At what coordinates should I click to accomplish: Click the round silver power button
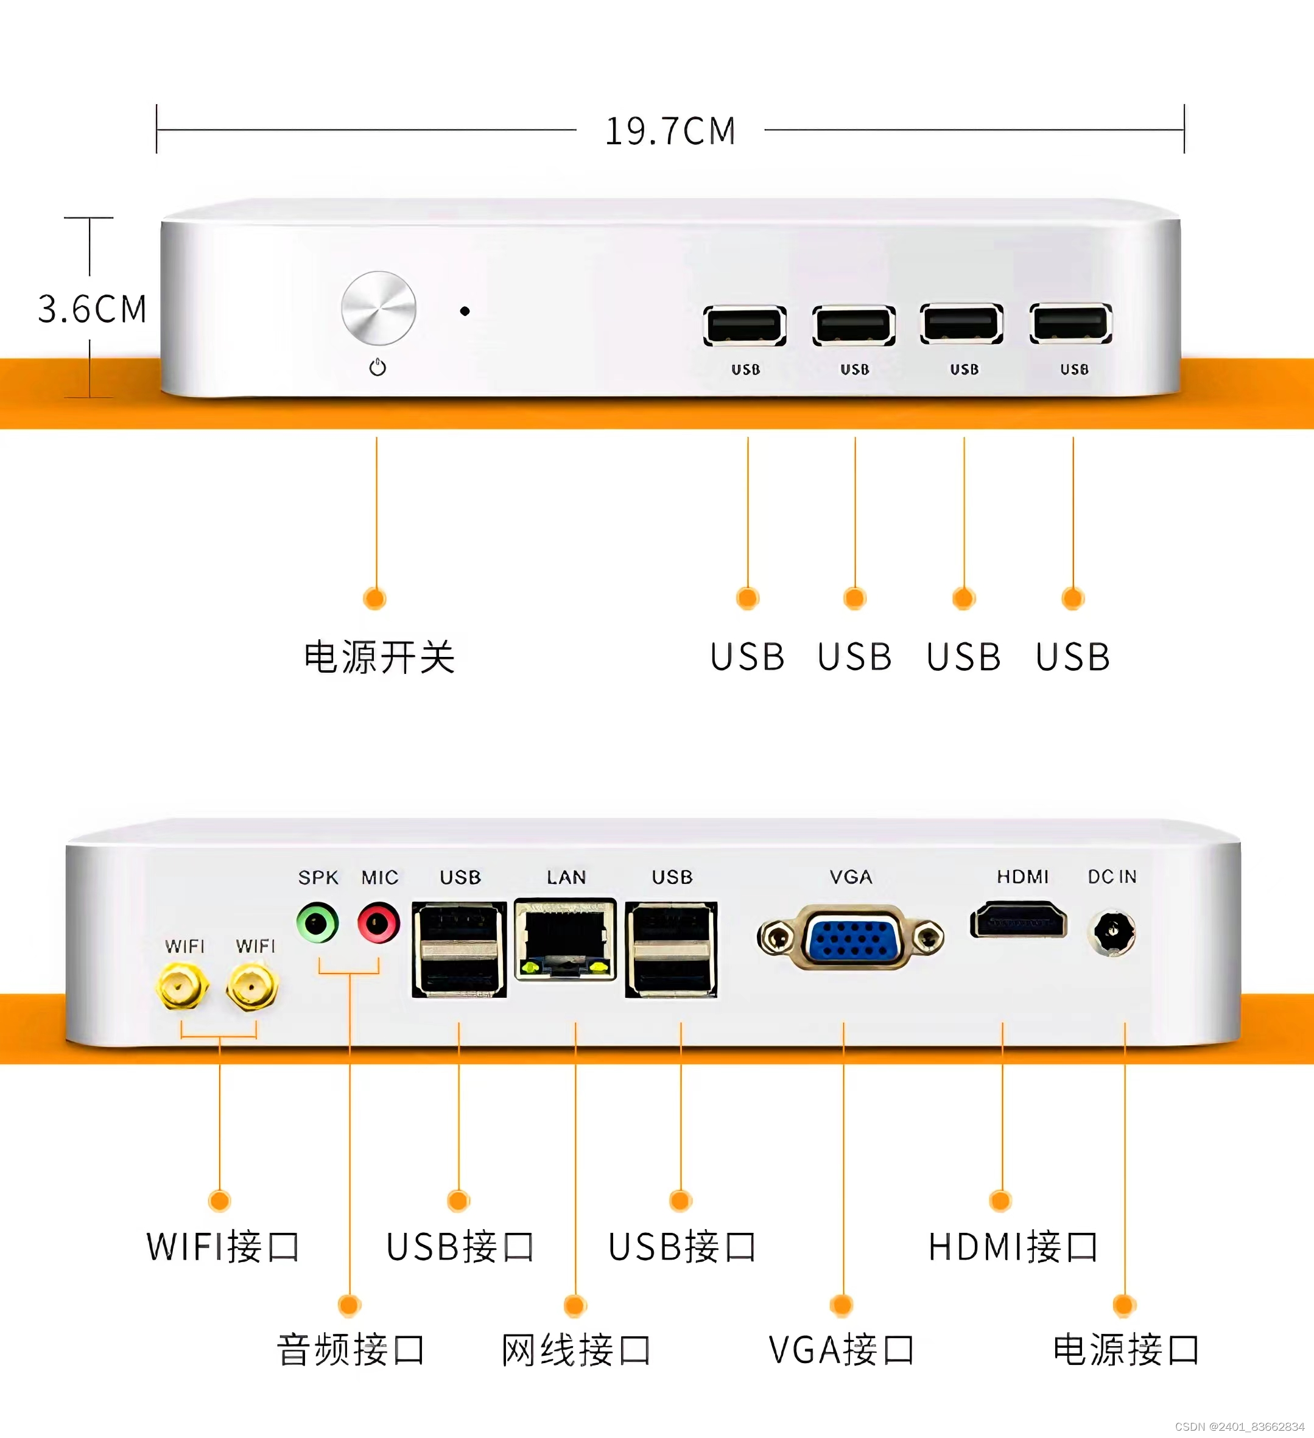pyautogui.click(x=378, y=308)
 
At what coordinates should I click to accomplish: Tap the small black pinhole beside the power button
pyautogui.click(x=465, y=311)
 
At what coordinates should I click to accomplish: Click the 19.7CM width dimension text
pyautogui.click(x=670, y=132)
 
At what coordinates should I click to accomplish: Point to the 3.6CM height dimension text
pyautogui.click(x=92, y=309)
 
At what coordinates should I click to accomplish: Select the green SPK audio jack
pyautogui.click(x=317, y=924)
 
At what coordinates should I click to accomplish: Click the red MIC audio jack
pyautogui.click(x=378, y=924)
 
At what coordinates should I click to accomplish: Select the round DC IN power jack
pyautogui.click(x=1112, y=931)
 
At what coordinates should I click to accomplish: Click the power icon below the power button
pyautogui.click(x=378, y=367)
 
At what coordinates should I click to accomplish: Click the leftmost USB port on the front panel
pyautogui.click(x=745, y=326)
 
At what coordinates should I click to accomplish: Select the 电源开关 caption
pyautogui.click(x=379, y=657)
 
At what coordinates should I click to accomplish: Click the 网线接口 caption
pyautogui.click(x=575, y=1350)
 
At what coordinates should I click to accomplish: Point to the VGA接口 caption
pyautogui.click(x=841, y=1350)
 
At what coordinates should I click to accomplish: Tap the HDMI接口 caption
pyautogui.click(x=1012, y=1247)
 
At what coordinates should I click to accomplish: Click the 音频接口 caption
pyautogui.click(x=350, y=1350)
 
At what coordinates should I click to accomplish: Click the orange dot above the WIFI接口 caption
pyautogui.click(x=220, y=1201)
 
